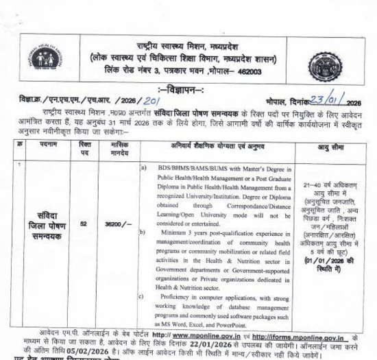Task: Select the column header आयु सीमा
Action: (331, 146)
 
